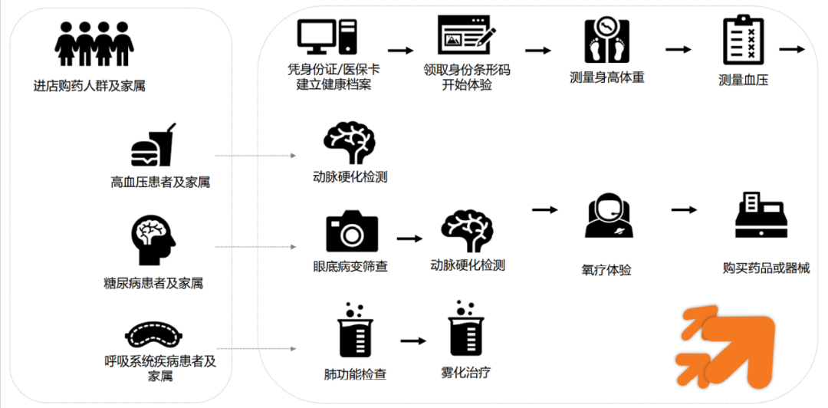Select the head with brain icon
153,240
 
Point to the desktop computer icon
329,38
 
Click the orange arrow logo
727,344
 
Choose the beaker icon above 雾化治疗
465,332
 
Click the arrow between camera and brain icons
409,239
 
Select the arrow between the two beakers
412,341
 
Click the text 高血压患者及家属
160,183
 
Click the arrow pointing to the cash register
684,210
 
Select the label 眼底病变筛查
350,267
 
